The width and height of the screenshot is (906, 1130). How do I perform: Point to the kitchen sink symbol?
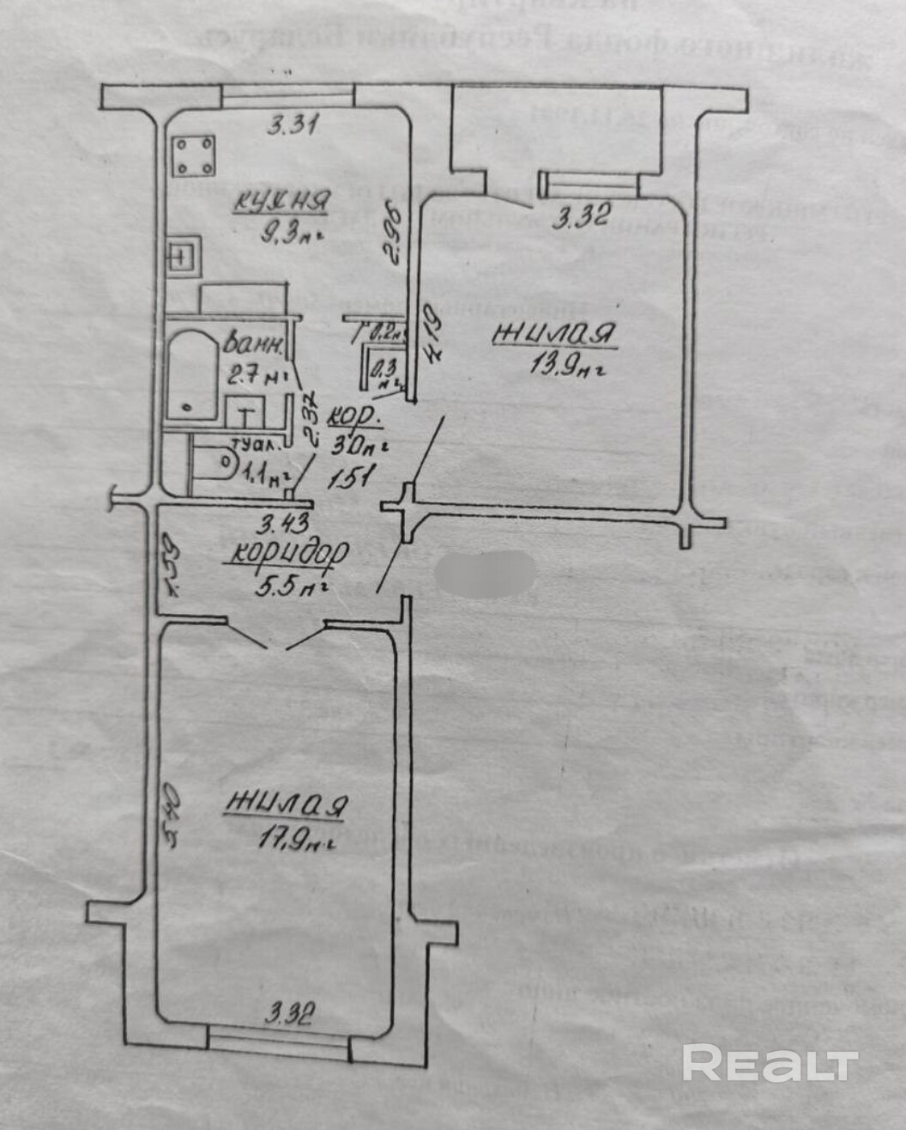pos(184,256)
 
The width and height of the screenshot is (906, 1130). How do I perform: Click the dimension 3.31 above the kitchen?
pos(293,127)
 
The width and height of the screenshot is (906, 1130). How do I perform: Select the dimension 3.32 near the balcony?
pos(581,216)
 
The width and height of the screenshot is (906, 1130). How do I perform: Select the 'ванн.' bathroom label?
pos(254,345)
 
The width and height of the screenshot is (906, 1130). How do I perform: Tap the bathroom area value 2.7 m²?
pos(253,374)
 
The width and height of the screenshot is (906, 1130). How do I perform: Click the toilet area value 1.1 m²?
pos(265,471)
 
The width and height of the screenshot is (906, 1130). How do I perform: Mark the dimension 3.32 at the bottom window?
pos(288,1015)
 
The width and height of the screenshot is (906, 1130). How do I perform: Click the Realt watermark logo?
pos(770,1064)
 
